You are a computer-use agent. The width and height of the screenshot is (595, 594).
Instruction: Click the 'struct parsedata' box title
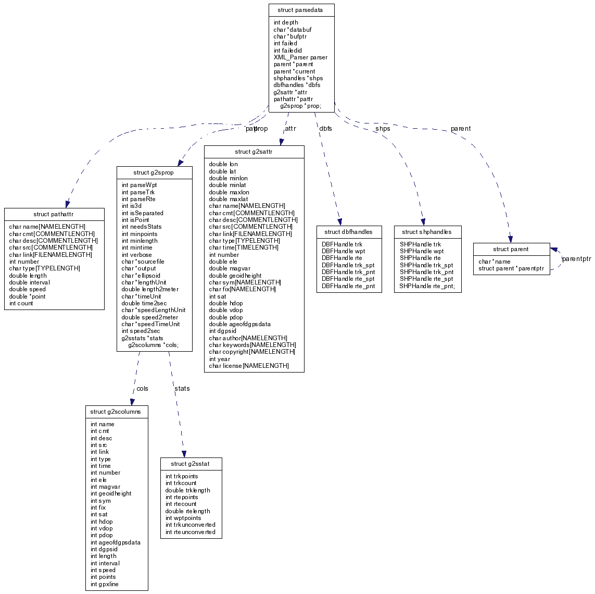pyautogui.click(x=301, y=10)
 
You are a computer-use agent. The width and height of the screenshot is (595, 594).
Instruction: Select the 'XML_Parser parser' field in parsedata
pyautogui.click(x=300, y=57)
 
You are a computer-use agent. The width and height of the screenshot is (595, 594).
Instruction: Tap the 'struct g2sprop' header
pyautogui.click(x=154, y=172)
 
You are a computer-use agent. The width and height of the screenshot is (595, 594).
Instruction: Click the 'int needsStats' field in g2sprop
pyautogui.click(x=142, y=227)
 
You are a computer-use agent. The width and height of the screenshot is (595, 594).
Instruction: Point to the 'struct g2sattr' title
pyautogui.click(x=254, y=152)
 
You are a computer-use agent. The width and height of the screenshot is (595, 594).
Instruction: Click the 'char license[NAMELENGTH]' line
pyautogui.click(x=248, y=366)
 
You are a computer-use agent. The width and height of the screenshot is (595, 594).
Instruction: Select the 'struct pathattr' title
pyautogui.click(x=54, y=214)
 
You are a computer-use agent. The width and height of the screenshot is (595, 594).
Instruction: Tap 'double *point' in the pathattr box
pyautogui.click(x=27, y=296)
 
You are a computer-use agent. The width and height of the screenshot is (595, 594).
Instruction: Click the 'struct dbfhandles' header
pyautogui.click(x=348, y=231)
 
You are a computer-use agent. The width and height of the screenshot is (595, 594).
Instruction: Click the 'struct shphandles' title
pyautogui.click(x=427, y=231)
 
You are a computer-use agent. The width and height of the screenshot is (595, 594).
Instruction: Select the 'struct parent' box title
pyautogui.click(x=511, y=249)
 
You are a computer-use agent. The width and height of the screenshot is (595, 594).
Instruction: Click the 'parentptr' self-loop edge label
pyautogui.click(x=576, y=259)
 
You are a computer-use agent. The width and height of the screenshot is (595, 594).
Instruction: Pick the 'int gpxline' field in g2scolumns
pyautogui.click(x=105, y=584)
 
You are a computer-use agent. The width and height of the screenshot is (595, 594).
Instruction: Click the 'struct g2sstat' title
pyautogui.click(x=191, y=464)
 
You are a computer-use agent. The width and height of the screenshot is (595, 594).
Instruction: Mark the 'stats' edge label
pyautogui.click(x=182, y=389)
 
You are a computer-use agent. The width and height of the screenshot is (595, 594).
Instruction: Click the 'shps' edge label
pyautogui.click(x=383, y=129)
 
